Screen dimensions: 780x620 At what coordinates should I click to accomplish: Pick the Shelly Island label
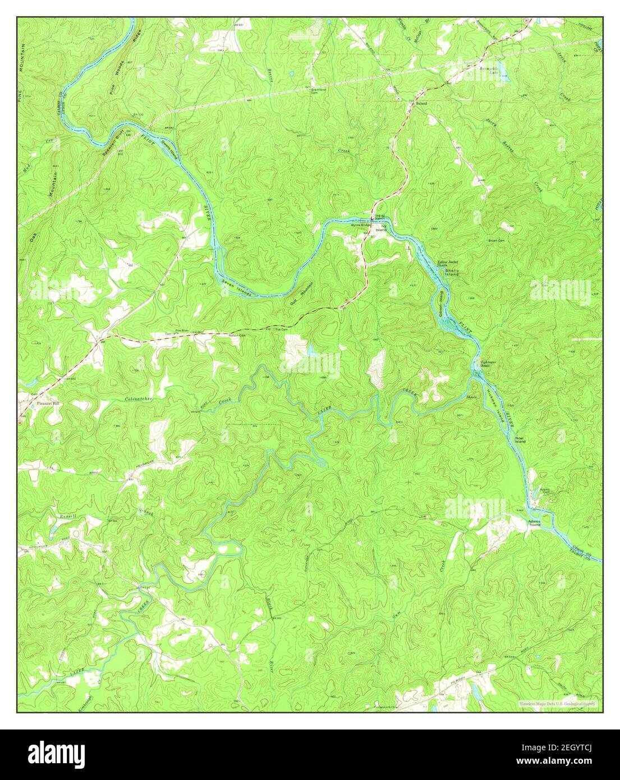tap(452, 272)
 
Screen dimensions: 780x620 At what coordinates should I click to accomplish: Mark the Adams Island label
tap(534, 523)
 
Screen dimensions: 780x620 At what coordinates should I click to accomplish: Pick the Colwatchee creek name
tap(138, 399)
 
